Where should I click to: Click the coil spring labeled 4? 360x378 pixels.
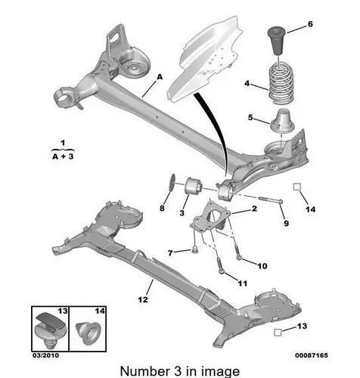(x=281, y=84)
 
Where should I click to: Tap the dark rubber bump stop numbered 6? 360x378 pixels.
(x=276, y=41)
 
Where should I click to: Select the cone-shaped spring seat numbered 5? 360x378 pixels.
(x=282, y=120)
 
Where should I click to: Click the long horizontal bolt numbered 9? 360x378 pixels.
(x=270, y=200)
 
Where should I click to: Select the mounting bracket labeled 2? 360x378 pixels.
(x=211, y=219)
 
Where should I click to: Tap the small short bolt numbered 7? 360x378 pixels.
(x=194, y=249)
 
